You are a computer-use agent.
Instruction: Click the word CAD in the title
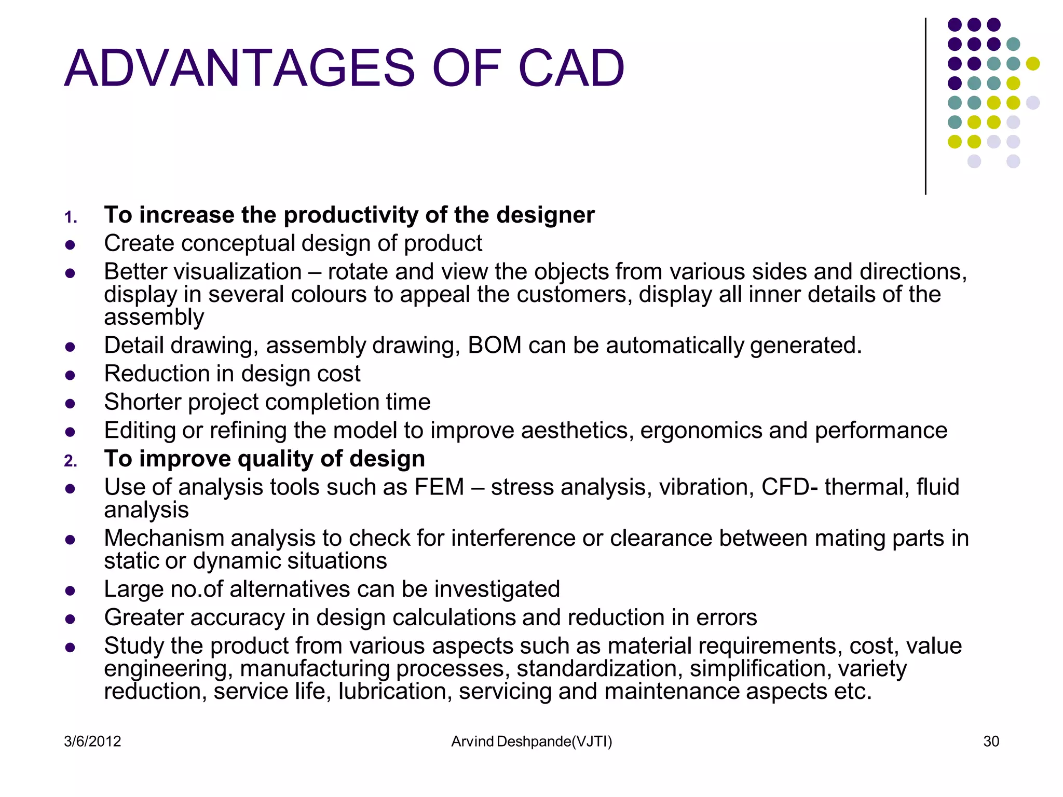pyautogui.click(x=571, y=68)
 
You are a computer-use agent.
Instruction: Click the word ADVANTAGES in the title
pyautogui.click(x=239, y=68)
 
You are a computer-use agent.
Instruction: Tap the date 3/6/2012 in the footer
pyautogui.click(x=92, y=741)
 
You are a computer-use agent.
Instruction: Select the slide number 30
pyautogui.click(x=991, y=741)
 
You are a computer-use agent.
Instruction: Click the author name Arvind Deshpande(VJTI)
pyautogui.click(x=531, y=741)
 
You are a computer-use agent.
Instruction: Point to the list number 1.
pyautogui.click(x=71, y=217)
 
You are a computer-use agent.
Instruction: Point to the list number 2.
pyautogui.click(x=71, y=461)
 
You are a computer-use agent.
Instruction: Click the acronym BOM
pyautogui.click(x=494, y=346)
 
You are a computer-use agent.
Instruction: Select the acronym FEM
pyautogui.click(x=439, y=487)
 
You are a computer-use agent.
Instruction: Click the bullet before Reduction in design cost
pyautogui.click(x=71, y=375)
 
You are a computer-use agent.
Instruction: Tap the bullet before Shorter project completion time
pyautogui.click(x=71, y=403)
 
